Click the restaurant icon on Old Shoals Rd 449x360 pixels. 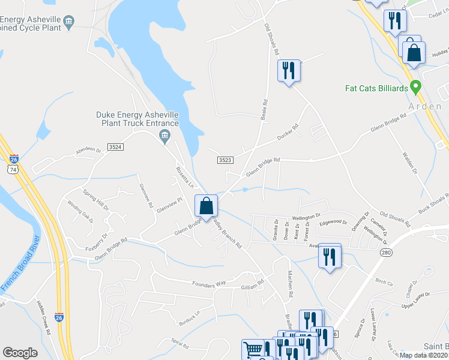(289, 71)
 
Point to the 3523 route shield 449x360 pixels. (225, 160)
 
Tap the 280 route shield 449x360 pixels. (385, 253)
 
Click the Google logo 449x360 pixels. (20, 353)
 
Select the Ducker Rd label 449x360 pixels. (288, 133)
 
